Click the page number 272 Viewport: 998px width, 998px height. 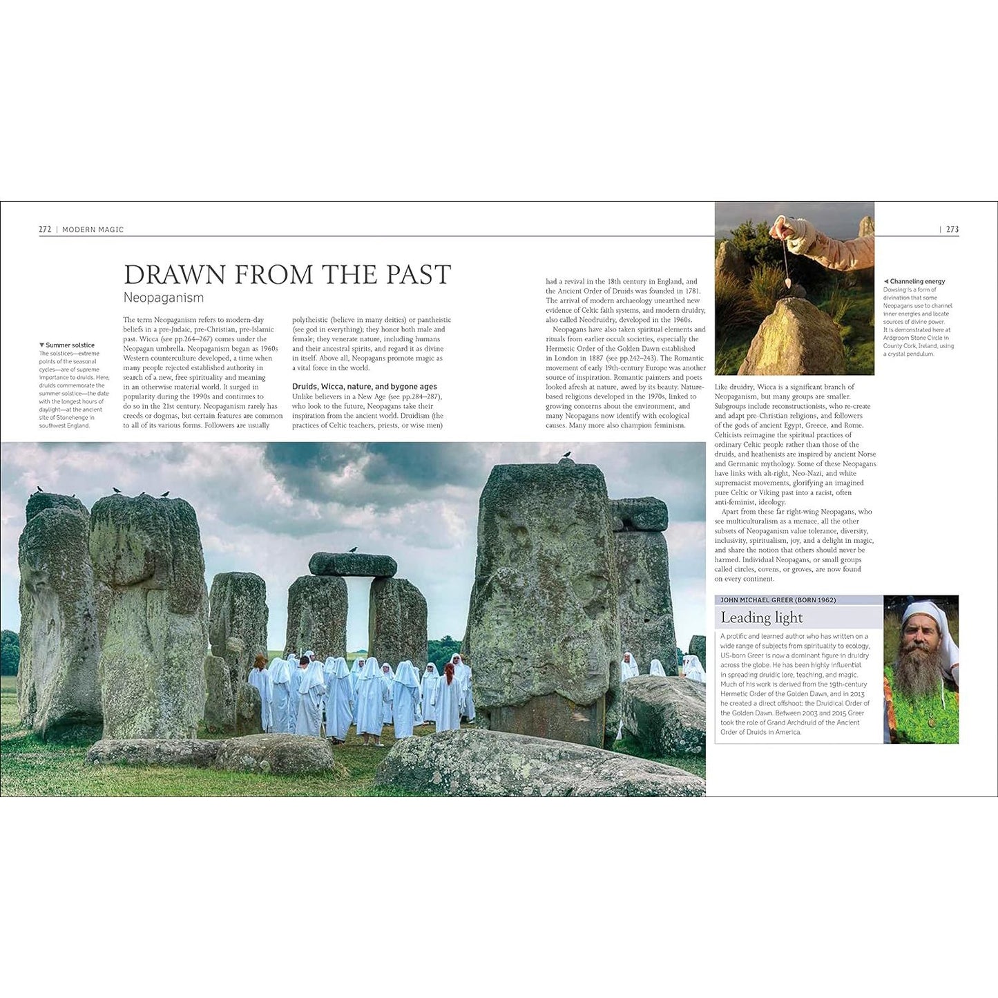coord(45,229)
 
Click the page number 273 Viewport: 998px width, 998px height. coord(952,229)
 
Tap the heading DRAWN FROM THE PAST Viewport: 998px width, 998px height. coord(287,275)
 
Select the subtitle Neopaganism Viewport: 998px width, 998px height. coord(164,298)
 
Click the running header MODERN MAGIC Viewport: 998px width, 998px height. coord(93,229)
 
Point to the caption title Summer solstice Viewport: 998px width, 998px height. coord(70,345)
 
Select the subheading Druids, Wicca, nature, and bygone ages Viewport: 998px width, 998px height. coord(364,387)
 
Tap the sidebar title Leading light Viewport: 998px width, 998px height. coord(762,617)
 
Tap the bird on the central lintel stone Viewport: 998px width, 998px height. coord(353,550)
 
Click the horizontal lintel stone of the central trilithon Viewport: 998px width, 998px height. coord(352,564)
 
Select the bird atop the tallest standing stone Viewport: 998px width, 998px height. coord(568,455)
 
